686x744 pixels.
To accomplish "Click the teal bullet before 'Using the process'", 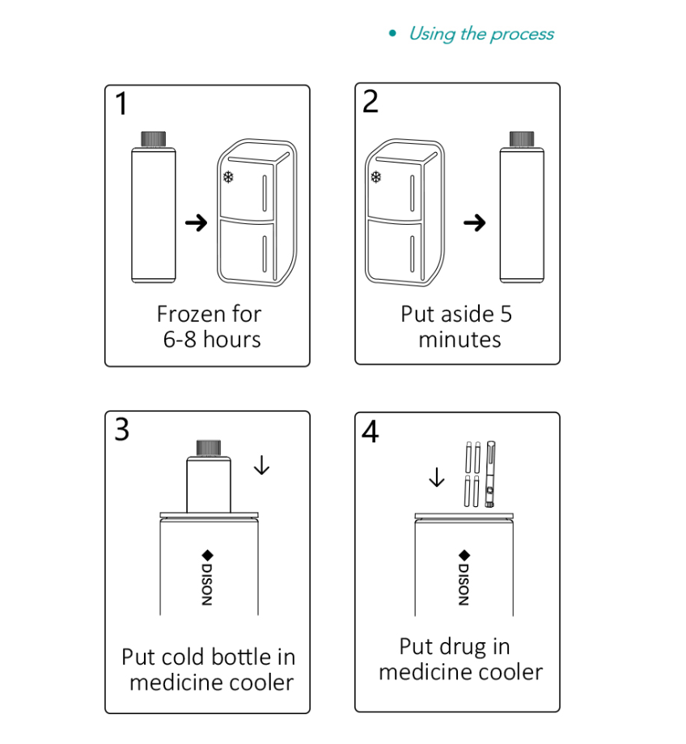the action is click(x=392, y=33).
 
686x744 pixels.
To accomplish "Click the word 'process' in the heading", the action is click(x=522, y=35).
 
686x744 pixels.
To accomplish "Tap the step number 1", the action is click(x=121, y=104).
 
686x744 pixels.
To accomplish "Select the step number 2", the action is click(x=371, y=102).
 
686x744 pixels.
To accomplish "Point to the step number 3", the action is click(x=122, y=429).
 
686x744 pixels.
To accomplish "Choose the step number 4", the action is click(x=371, y=431).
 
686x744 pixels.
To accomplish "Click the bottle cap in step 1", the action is click(x=154, y=139).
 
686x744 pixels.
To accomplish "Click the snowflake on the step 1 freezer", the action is click(x=228, y=177).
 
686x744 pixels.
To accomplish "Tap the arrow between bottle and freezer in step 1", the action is click(x=196, y=222).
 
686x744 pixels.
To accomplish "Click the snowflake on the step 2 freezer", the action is click(x=376, y=177).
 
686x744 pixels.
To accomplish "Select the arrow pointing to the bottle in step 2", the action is click(x=474, y=222).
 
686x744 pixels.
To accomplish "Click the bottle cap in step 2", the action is click(x=522, y=139).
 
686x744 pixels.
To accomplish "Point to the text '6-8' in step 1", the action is click(x=180, y=340).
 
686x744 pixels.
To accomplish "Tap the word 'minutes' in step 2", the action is click(x=459, y=340).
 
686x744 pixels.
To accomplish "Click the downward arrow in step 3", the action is click(x=261, y=465).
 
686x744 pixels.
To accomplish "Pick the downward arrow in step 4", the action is click(x=437, y=477).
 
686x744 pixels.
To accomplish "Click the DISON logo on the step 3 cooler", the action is click(x=207, y=577).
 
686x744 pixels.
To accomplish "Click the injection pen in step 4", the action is click(x=490, y=475).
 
